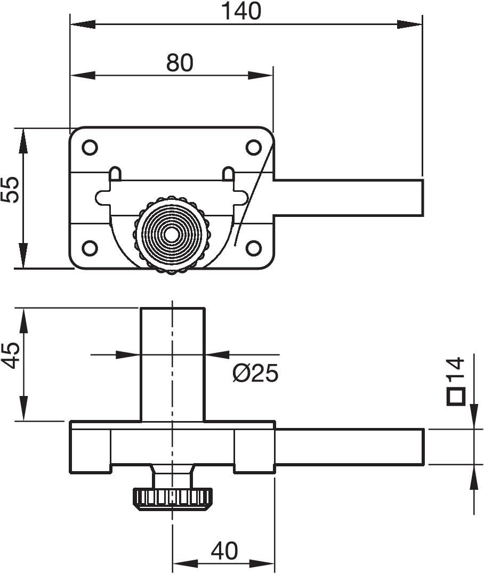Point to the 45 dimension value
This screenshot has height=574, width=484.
pyautogui.click(x=10, y=355)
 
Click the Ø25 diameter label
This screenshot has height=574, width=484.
pyautogui.click(x=255, y=374)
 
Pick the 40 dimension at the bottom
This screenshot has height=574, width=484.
pyautogui.click(x=224, y=551)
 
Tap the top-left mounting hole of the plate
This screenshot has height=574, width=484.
pyautogui.click(x=90, y=147)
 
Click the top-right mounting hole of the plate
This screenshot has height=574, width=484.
pyautogui.click(x=254, y=147)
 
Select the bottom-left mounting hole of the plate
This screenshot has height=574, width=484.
pyautogui.click(x=90, y=247)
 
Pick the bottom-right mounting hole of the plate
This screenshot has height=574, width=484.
pyautogui.click(x=254, y=247)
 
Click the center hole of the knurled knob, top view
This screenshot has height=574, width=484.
pyautogui.click(x=172, y=235)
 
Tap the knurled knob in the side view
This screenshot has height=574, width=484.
pyautogui.click(x=172, y=498)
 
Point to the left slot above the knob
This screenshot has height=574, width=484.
pyautogui.click(x=115, y=174)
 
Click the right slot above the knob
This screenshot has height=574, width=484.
pyautogui.click(x=228, y=174)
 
